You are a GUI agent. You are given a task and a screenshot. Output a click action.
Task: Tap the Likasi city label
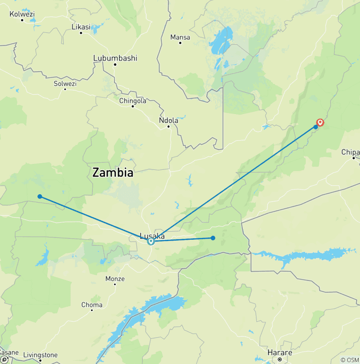tap(81, 27)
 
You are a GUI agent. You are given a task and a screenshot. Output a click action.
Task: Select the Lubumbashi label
tap(115, 58)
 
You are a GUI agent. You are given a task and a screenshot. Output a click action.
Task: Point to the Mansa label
tap(180, 37)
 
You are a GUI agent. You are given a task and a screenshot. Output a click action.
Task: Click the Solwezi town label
tap(65, 83)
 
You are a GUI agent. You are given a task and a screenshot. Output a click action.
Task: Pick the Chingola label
tap(133, 100)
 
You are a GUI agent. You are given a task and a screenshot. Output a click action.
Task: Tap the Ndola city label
tap(169, 120)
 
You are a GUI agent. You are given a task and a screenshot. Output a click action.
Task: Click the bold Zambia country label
tap(112, 173)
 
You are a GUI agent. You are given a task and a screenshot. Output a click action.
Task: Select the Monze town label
tap(115, 279)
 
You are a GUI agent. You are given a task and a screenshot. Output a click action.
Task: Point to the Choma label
tap(92, 305)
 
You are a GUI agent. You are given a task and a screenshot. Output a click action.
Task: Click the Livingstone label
tap(41, 355)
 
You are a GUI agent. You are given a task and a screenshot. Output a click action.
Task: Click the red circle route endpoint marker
tap(321, 122)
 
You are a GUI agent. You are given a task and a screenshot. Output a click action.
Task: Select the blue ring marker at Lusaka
tap(151, 242)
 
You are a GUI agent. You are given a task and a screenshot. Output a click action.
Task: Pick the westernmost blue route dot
tap(40, 197)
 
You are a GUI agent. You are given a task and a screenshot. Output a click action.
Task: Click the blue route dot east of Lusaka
tap(213, 238)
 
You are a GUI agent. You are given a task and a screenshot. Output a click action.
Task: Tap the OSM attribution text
tap(350, 360)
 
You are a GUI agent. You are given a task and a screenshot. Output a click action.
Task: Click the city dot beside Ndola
tap(168, 126)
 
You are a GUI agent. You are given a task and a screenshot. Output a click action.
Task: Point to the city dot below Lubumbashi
tap(114, 64)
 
